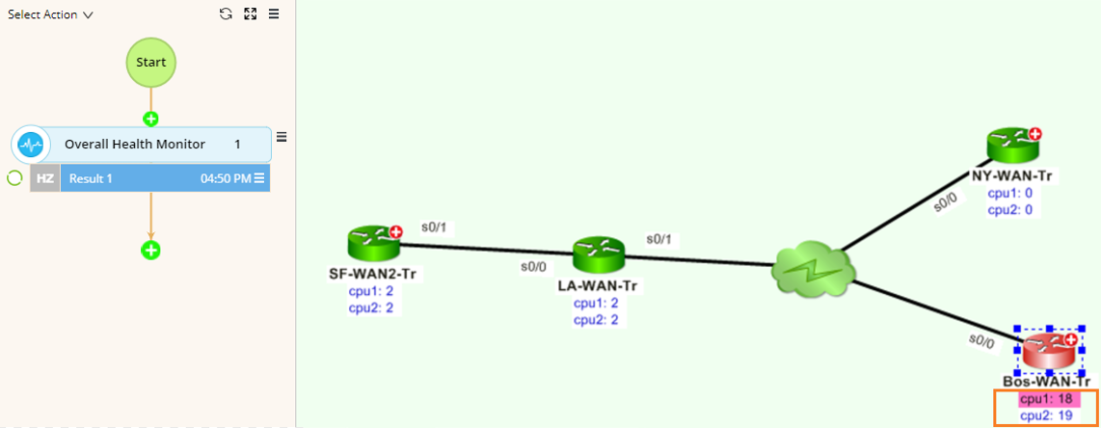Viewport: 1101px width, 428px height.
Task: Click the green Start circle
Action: (150, 62)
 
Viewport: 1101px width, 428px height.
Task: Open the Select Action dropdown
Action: (50, 14)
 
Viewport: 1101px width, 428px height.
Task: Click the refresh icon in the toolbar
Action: (226, 14)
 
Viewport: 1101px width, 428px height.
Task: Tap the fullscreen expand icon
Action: (251, 14)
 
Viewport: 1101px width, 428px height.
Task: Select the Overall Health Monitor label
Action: (134, 145)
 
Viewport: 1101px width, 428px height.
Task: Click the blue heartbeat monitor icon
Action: (32, 145)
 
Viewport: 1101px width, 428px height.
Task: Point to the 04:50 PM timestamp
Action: (225, 178)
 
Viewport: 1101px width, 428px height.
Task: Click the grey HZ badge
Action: (45, 178)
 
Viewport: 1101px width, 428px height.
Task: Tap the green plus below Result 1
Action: (150, 251)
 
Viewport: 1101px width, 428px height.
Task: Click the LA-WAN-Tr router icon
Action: (598, 254)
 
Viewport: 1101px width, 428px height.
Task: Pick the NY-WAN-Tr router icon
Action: (1012, 145)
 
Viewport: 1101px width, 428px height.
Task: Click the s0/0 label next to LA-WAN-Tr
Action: (533, 265)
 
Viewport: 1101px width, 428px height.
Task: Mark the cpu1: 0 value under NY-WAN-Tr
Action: (1010, 194)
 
